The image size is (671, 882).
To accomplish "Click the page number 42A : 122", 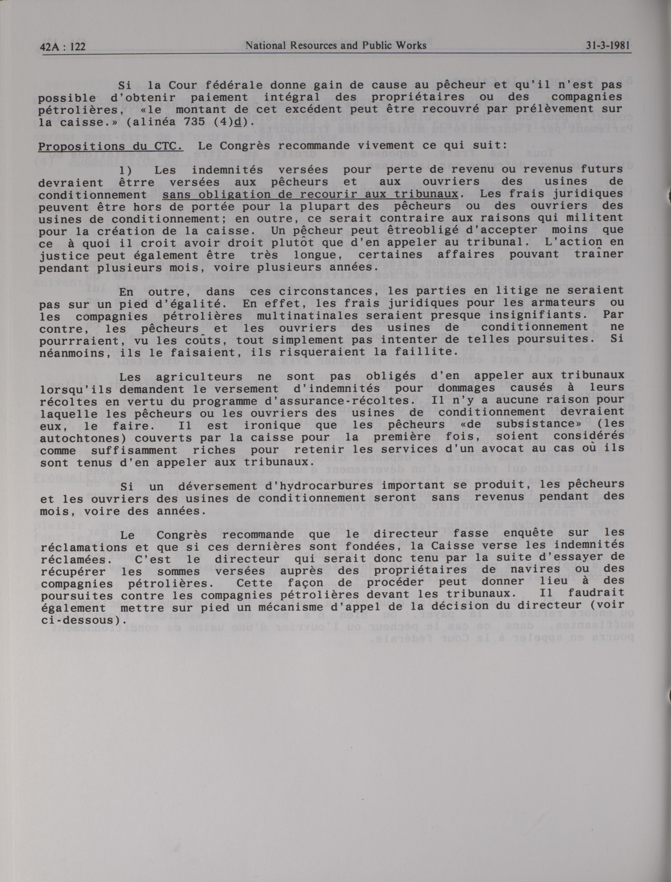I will click(63, 47).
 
